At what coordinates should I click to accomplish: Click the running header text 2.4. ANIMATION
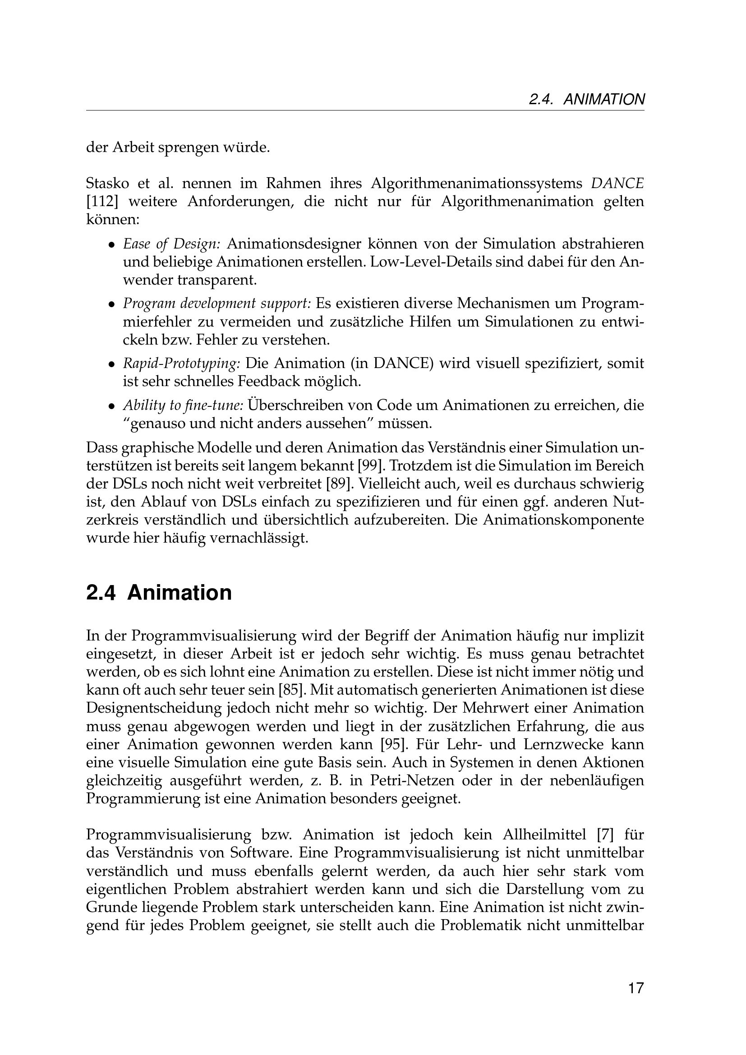pos(587,99)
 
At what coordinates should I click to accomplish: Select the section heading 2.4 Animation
pos(159,593)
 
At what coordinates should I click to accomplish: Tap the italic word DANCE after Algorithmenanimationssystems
pos(617,183)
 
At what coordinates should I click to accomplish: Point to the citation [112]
pos(100,202)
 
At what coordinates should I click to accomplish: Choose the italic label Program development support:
pos(217,304)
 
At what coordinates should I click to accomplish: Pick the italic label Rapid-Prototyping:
pos(181,364)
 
